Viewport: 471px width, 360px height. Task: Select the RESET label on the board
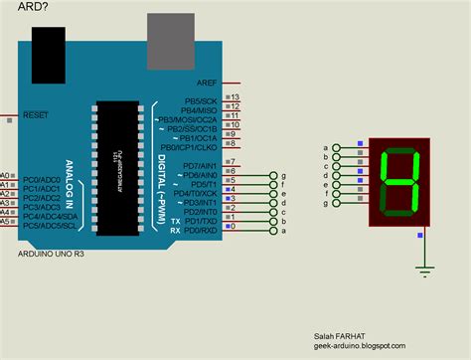36,115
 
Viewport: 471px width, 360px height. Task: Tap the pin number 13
234,98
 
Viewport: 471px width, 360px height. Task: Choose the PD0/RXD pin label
198,230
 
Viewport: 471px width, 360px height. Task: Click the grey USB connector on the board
169,38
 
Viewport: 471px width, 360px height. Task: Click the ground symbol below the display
424,270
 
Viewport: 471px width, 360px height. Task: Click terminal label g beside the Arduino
285,175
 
